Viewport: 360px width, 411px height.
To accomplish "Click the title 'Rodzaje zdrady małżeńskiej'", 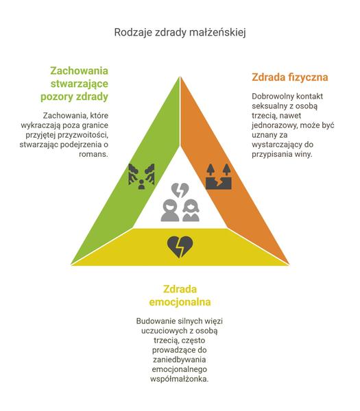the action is [x=180, y=32].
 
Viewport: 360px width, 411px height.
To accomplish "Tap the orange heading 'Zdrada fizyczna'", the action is [x=290, y=77].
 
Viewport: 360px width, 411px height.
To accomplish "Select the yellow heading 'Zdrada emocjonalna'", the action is [x=180, y=295].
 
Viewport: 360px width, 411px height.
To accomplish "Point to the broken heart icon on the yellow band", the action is [x=180, y=247].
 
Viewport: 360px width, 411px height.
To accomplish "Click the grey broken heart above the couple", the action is [x=180, y=190].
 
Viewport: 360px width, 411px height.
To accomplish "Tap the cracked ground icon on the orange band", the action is [x=218, y=177].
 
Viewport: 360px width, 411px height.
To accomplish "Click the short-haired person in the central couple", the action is [x=170, y=210].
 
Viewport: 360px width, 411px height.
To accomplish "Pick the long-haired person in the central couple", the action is [x=191, y=210].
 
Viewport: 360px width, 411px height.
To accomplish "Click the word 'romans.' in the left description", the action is [x=93, y=154].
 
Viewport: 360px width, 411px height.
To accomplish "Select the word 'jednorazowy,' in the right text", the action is [x=275, y=125].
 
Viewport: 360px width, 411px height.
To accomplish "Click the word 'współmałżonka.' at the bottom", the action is [x=180, y=379].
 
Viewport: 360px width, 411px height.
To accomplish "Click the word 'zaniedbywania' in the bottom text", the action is [x=180, y=360].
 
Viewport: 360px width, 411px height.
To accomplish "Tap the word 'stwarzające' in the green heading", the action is [x=80, y=84].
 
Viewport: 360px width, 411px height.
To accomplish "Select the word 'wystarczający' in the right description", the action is [x=277, y=145].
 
